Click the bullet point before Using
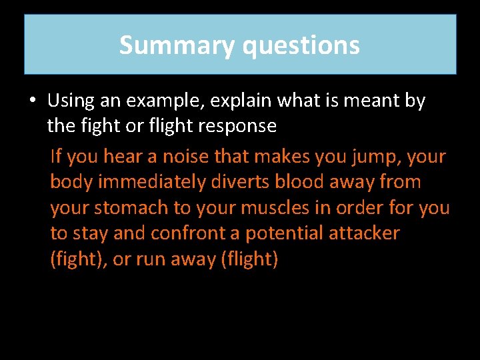32,101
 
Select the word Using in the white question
71,101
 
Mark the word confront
189,233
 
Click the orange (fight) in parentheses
79,259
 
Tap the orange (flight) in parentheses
249,259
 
